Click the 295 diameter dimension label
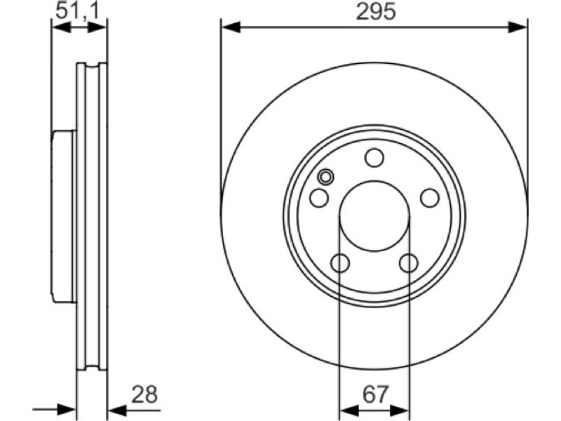[376, 11]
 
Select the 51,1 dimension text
[77, 11]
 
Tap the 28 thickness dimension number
[144, 394]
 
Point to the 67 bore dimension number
[375, 394]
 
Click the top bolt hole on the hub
[374, 158]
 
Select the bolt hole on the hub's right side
[430, 198]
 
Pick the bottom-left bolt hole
[340, 263]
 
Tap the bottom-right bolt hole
[409, 263]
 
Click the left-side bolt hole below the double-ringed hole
[319, 198]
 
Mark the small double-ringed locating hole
[326, 177]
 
